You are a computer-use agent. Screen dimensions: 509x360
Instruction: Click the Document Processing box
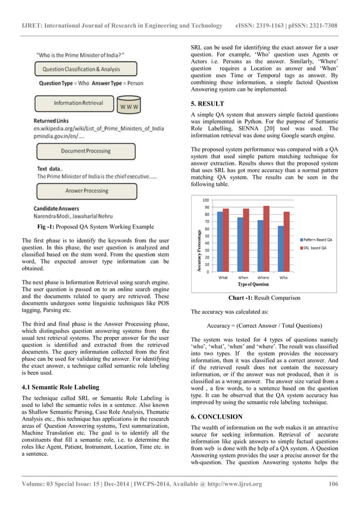86,151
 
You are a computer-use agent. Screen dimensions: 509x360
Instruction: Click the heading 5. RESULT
207,104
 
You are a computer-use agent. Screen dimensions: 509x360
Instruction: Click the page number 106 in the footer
333,484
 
